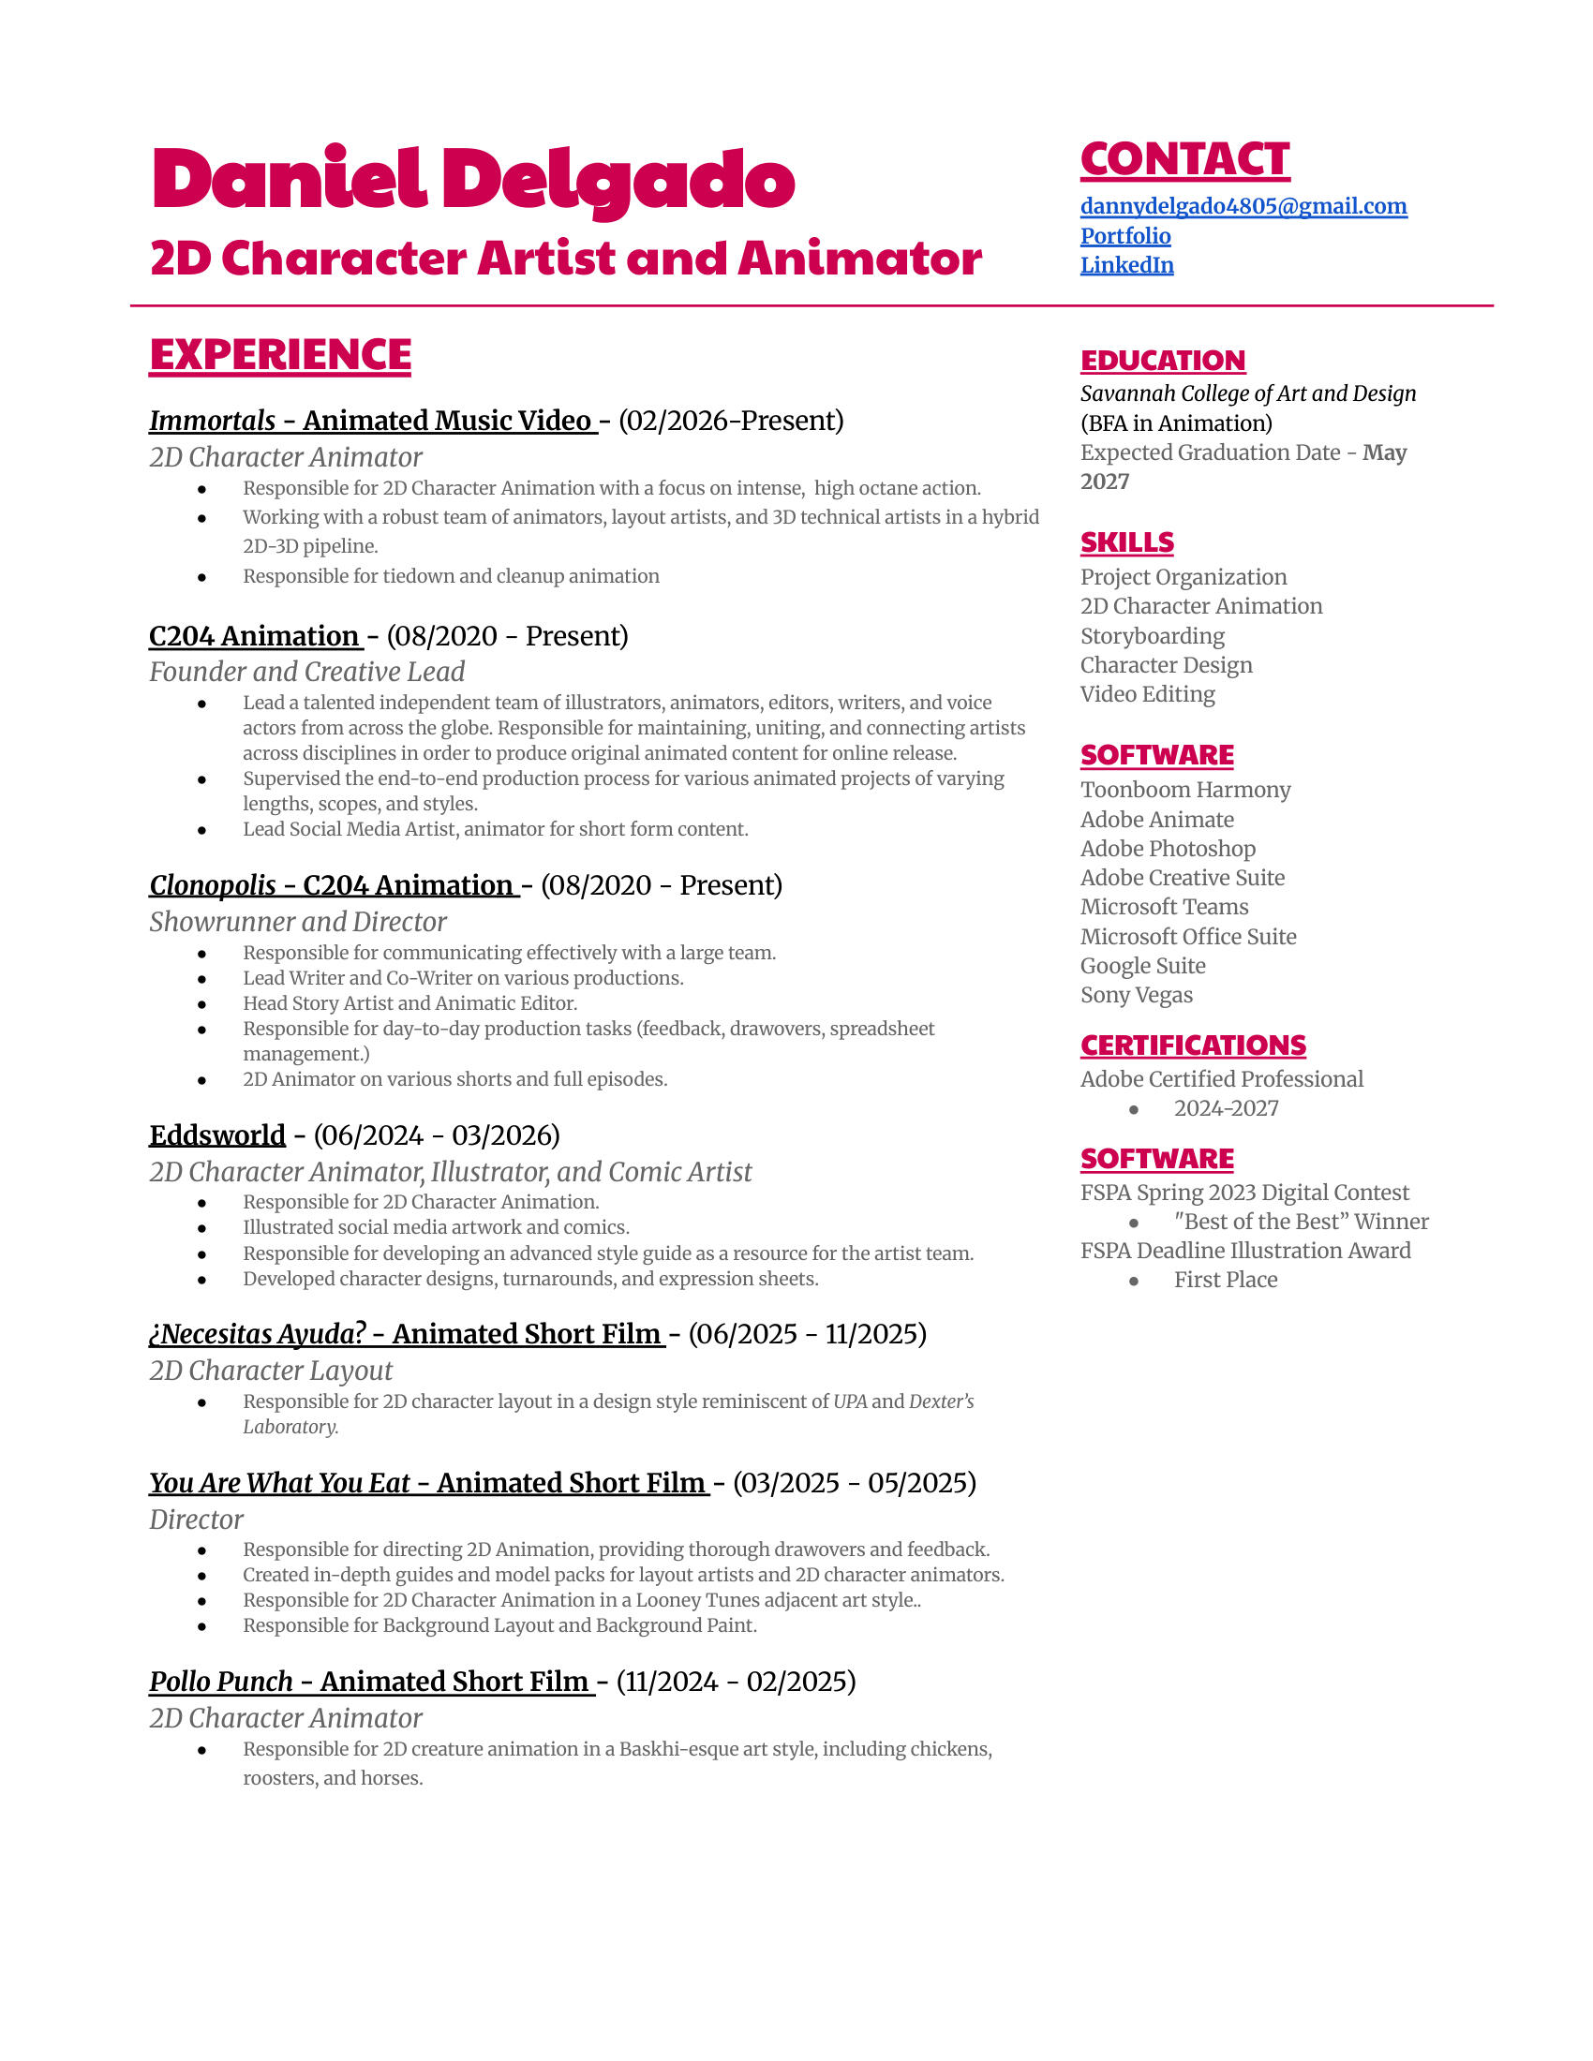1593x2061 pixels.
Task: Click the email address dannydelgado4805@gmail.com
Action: click(1243, 207)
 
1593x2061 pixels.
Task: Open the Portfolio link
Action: click(1124, 236)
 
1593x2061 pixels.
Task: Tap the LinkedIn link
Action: click(1126, 265)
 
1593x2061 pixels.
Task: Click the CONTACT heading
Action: click(1184, 159)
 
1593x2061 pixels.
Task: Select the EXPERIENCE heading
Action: click(280, 355)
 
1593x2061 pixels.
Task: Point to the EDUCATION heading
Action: click(1163, 361)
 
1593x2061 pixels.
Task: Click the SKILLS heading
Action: click(1126, 542)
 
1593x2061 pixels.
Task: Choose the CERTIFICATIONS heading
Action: click(1193, 1045)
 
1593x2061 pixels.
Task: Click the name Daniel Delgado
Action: click(473, 179)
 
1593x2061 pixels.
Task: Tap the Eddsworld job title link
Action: click(217, 1134)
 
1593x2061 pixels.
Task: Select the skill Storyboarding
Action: click(1153, 636)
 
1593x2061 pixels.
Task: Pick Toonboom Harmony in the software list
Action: click(1185, 790)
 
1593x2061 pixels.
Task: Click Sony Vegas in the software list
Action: click(1137, 995)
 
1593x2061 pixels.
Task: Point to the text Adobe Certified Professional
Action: click(1221, 1078)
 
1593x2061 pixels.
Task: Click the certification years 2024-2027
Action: click(1226, 1108)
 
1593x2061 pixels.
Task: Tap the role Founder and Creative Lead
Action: click(306, 672)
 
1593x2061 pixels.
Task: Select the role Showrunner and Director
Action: click(297, 921)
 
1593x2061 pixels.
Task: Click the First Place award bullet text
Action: click(1225, 1280)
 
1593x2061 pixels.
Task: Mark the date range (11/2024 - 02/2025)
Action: click(737, 1681)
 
